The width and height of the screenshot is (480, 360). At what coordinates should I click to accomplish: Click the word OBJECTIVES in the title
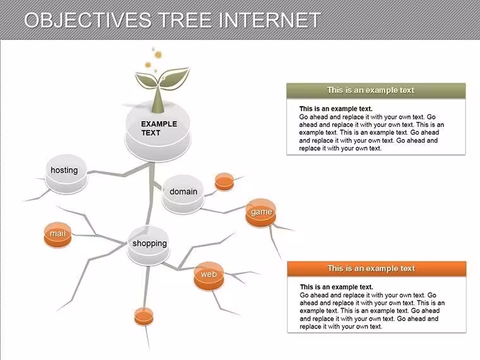coord(88,20)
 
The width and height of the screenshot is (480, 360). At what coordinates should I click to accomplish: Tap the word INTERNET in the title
coord(270,20)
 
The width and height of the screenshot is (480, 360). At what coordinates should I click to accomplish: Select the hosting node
coord(66,174)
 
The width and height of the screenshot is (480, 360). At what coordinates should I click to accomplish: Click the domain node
coord(183,194)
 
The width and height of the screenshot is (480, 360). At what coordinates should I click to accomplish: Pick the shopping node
coord(149,246)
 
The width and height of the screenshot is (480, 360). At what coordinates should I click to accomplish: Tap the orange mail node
coord(58,235)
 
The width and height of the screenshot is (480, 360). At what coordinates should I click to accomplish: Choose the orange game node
coord(261,213)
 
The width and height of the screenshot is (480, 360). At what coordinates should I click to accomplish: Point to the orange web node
coord(209,276)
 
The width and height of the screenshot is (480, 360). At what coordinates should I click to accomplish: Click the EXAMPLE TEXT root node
coord(158,131)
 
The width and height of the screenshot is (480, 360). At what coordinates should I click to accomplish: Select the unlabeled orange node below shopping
coord(143,316)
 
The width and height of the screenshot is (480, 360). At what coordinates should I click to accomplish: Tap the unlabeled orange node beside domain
coord(224,182)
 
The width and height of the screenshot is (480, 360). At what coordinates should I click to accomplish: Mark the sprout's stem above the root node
coord(159,100)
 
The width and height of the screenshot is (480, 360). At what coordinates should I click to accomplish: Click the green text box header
coord(376,90)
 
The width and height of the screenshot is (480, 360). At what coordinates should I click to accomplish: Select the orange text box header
coord(376,268)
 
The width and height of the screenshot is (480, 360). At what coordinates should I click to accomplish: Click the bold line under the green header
coord(336,109)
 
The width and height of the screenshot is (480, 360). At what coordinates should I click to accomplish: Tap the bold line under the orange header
coord(337,287)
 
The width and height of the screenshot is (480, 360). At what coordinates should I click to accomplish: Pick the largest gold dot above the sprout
coord(158,55)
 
